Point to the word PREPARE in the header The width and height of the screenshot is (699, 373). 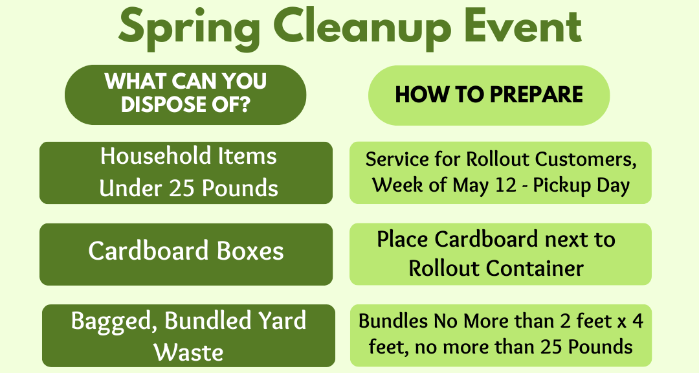tap(537, 94)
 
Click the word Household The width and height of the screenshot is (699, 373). tap(155, 155)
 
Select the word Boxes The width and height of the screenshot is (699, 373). tap(250, 251)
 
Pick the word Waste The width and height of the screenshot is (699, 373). tap(188, 352)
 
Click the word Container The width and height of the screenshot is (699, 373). tap(535, 268)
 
